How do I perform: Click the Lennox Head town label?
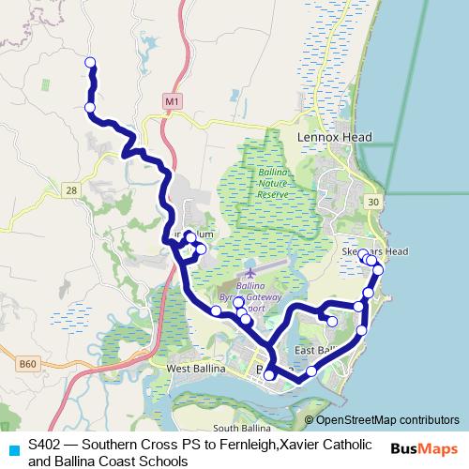pos(335,137)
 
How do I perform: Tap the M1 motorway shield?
pos(170,99)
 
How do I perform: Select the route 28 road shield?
pos(71,190)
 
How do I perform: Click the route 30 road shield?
pos(373,202)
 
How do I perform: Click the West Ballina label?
pos(198,370)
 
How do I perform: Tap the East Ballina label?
pos(314,351)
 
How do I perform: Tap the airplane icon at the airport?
pos(250,272)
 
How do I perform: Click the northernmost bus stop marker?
pos(91,63)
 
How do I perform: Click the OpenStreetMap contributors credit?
pos(386,420)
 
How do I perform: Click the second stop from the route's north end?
pos(90,108)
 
